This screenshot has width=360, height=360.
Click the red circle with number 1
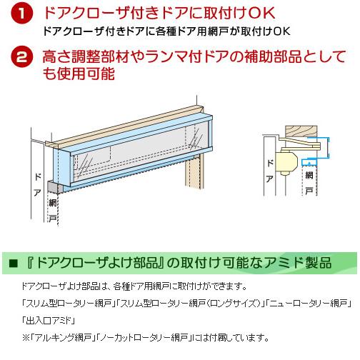tap(24, 15)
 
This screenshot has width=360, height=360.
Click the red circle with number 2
tap(24, 58)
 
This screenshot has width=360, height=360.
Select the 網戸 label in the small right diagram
tap(309, 183)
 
